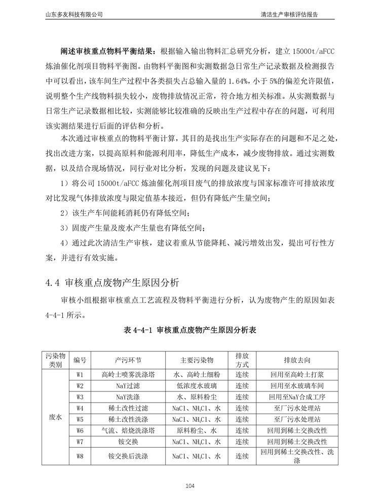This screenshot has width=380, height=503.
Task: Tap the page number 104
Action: coord(190,487)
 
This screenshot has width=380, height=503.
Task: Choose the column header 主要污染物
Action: coord(197,360)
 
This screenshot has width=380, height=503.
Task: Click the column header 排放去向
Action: coord(296,360)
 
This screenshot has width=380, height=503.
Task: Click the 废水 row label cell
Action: coord(55,418)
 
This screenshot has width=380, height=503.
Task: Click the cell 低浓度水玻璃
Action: coord(197,386)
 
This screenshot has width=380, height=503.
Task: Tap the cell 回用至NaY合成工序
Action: coord(296,397)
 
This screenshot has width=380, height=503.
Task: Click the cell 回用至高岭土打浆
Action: coord(296,375)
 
